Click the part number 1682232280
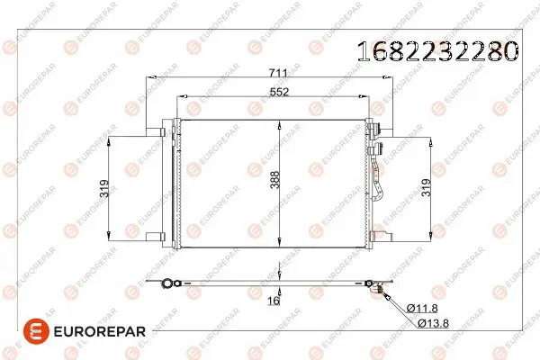[437, 51]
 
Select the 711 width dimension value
[278, 73]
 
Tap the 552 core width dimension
[279, 92]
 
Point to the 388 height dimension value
[274, 179]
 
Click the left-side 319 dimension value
[104, 188]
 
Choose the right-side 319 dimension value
[426, 187]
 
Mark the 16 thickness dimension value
[274, 301]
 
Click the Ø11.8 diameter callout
[422, 308]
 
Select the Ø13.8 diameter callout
[433, 323]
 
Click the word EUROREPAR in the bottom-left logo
[100, 331]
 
